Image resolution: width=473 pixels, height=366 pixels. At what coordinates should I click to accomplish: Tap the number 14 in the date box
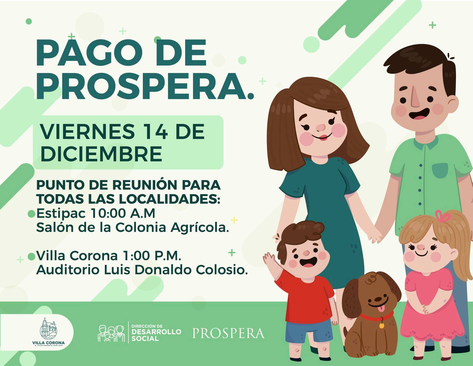[x=155, y=132]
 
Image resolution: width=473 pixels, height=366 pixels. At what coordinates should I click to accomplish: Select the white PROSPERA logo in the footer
[x=229, y=333]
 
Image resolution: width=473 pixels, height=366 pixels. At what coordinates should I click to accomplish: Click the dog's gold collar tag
[x=381, y=326]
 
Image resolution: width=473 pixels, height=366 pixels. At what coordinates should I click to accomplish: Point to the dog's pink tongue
[x=380, y=309]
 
